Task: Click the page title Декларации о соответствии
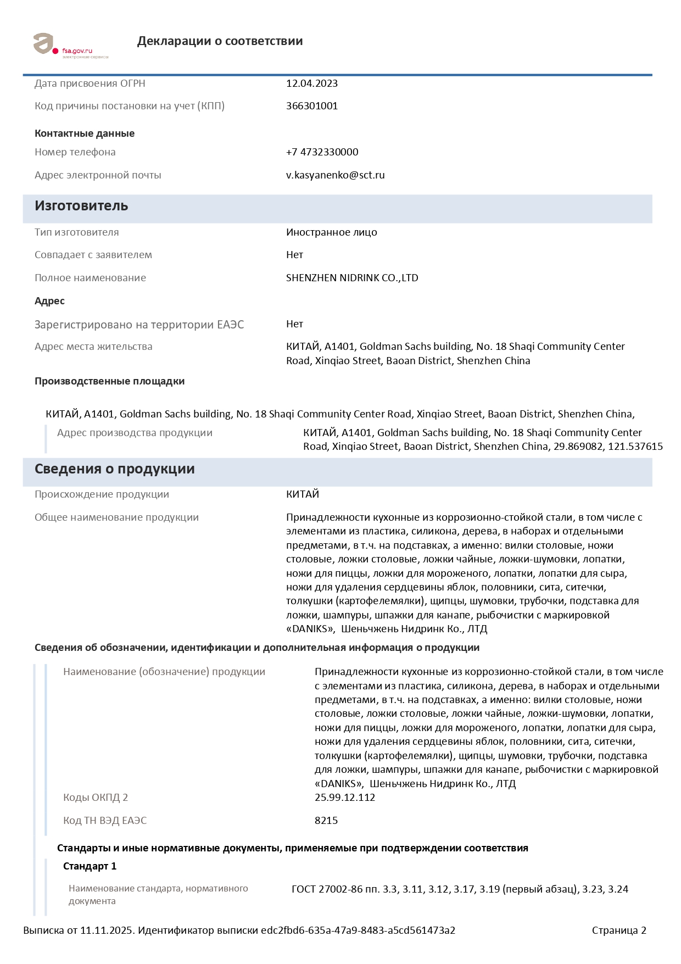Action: (220, 41)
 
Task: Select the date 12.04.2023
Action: (311, 83)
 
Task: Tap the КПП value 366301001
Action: (311, 106)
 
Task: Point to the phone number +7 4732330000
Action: (322, 152)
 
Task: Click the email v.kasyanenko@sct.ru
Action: (335, 175)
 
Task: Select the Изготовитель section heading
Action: (81, 206)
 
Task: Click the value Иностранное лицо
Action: (331, 232)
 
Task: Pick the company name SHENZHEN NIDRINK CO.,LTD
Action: (352, 278)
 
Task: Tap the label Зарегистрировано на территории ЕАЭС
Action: (139, 325)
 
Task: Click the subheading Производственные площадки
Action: (109, 381)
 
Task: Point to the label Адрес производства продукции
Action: (135, 433)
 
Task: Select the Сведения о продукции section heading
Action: (114, 469)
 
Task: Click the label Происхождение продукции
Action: (102, 494)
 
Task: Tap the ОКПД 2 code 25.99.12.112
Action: (344, 798)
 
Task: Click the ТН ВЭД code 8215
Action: (326, 821)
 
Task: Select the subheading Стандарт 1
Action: (90, 866)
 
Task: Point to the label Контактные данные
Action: (85, 133)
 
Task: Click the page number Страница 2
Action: (619, 930)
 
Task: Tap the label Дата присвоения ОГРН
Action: (90, 83)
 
